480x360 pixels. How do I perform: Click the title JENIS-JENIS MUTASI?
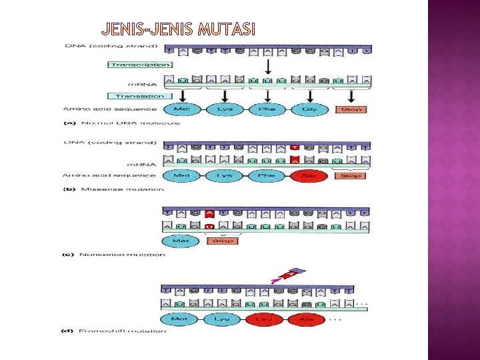tap(178, 29)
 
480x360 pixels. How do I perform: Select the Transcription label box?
tap(139, 65)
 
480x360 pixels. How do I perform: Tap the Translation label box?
tap(139, 96)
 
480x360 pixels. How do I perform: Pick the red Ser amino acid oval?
tap(309, 176)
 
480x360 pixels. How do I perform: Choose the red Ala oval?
tap(307, 319)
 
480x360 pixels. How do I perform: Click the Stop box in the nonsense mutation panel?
tap(223, 241)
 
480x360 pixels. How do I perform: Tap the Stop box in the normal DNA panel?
tap(351, 109)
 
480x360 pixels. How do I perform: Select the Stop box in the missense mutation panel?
tap(351, 176)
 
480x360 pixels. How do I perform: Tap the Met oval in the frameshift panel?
tap(179, 319)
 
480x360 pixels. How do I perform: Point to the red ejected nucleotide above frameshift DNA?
tap(291, 274)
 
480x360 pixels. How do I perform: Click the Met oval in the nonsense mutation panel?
tap(179, 241)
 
